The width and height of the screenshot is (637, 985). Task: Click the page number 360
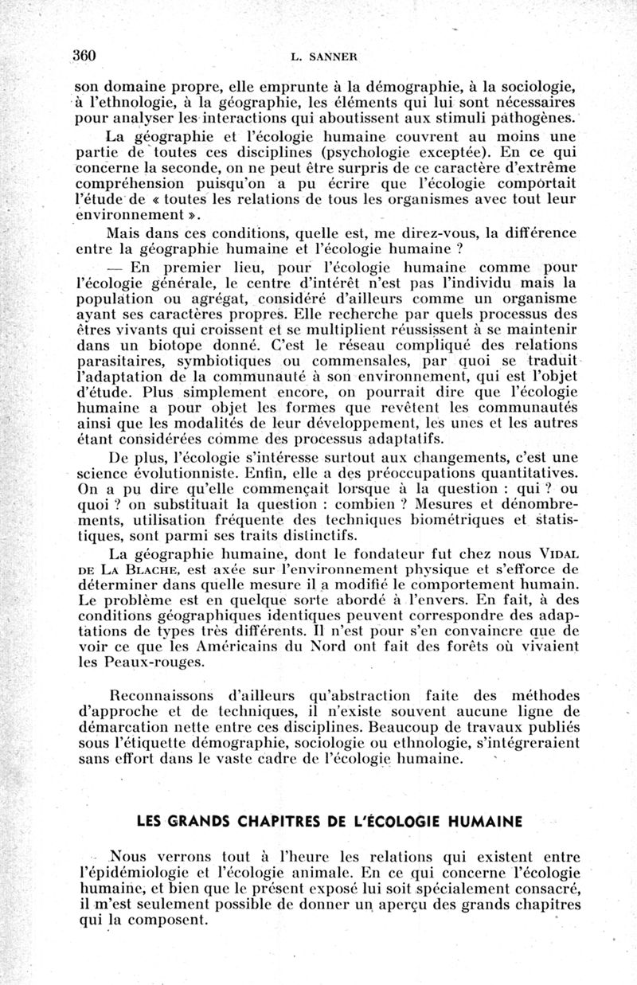tap(84, 56)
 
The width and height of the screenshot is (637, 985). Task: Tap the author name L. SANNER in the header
tap(323, 57)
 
